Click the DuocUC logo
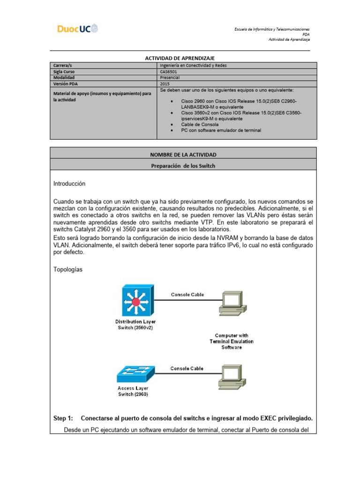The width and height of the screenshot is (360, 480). [78, 29]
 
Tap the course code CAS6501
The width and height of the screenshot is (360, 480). [169, 72]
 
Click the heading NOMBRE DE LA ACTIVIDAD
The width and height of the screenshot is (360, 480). [183, 154]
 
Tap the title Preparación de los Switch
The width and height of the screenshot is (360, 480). [183, 165]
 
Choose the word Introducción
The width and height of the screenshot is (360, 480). [70, 183]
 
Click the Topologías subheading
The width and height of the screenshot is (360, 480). [68, 270]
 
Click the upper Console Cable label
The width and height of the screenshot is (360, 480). [187, 295]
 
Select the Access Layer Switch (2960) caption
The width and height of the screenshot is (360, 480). [133, 391]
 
